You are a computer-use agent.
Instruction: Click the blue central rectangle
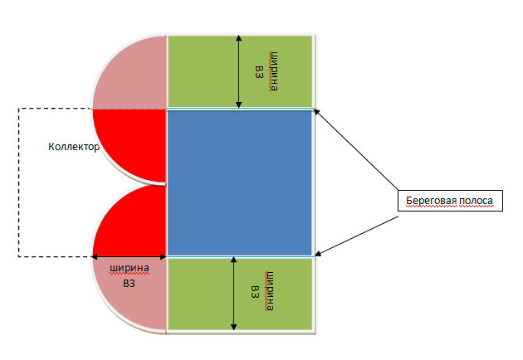pyautogui.click(x=241, y=182)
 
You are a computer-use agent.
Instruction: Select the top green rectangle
pyautogui.click(x=199, y=71)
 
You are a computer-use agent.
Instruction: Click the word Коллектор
pyautogui.click(x=74, y=148)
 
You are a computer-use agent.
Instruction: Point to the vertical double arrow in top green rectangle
pyautogui.click(x=239, y=71)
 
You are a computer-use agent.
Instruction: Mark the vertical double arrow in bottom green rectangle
pyautogui.click(x=235, y=294)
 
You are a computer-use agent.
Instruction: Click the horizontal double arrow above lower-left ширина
pyautogui.click(x=130, y=256)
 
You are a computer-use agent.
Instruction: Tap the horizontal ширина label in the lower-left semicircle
pyautogui.click(x=130, y=269)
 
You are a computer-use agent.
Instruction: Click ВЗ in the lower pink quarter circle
pyautogui.click(x=129, y=283)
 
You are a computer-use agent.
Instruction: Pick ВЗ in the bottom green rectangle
pyautogui.click(x=255, y=292)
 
